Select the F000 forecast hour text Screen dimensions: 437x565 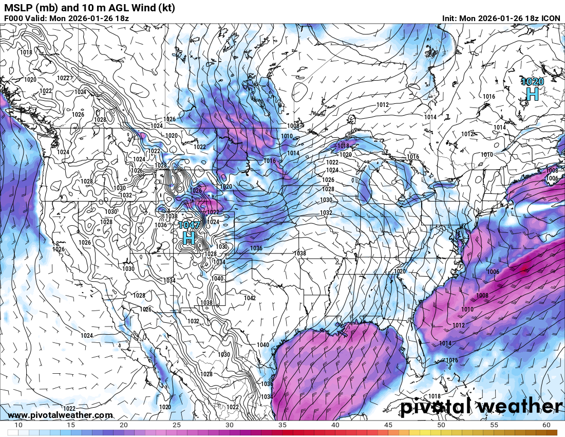point(14,18)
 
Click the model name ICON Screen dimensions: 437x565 point(551,18)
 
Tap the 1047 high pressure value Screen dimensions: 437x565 point(189,225)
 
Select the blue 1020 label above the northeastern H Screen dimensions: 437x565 point(532,82)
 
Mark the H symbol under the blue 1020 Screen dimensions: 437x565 point(532,94)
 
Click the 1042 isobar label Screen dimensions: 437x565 point(250,298)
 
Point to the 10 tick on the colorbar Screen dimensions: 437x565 point(18,425)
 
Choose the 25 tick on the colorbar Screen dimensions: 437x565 point(177,425)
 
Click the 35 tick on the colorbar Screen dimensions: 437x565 point(282,425)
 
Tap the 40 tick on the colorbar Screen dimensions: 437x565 point(335,425)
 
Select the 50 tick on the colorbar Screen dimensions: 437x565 point(441,425)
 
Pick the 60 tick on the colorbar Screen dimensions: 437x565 point(546,425)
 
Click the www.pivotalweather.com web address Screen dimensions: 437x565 point(60,415)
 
